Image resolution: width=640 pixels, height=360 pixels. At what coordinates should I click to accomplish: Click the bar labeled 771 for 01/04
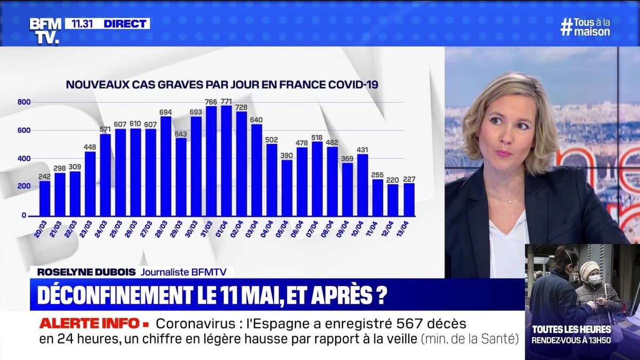(x=227, y=161)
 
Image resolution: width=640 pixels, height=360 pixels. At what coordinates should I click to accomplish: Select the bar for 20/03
(x=45, y=198)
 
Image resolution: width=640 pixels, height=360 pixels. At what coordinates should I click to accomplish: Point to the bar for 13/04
(x=409, y=199)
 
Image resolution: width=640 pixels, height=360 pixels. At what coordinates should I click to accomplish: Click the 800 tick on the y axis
(x=25, y=102)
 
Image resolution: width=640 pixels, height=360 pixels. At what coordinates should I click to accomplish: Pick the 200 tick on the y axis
(x=25, y=187)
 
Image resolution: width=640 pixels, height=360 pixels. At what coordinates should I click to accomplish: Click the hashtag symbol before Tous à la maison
(x=566, y=27)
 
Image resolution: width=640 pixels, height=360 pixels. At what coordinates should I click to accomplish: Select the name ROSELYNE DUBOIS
(x=85, y=272)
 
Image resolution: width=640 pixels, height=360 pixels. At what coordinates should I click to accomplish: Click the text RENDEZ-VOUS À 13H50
(x=571, y=340)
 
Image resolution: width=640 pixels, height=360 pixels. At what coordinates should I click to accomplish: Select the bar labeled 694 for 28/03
(x=166, y=166)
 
